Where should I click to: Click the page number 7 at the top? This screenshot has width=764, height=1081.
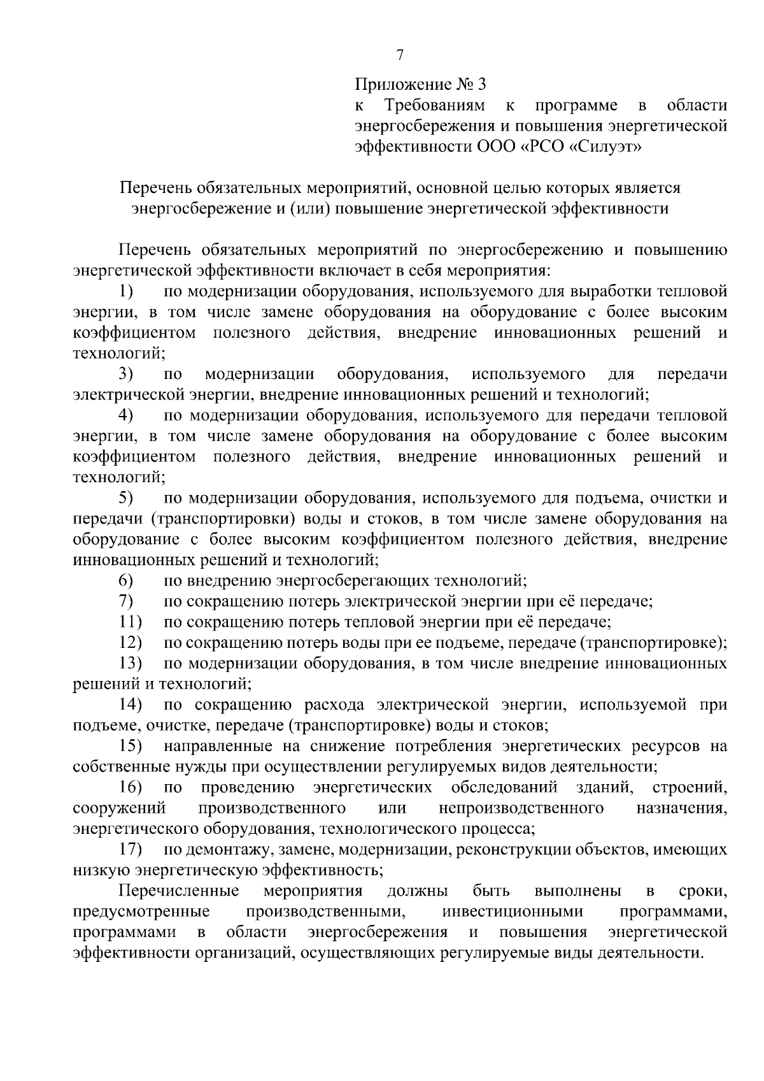click(400, 55)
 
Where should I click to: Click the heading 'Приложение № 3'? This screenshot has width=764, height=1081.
click(420, 84)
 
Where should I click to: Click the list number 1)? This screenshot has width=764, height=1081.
click(125, 292)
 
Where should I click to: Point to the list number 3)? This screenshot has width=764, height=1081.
click(125, 374)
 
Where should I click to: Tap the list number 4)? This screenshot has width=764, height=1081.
click(125, 415)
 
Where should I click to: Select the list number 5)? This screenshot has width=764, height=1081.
click(125, 498)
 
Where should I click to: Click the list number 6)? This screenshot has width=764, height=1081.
click(125, 580)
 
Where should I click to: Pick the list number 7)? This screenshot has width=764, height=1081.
click(125, 601)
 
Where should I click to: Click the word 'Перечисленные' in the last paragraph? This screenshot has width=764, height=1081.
click(179, 890)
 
